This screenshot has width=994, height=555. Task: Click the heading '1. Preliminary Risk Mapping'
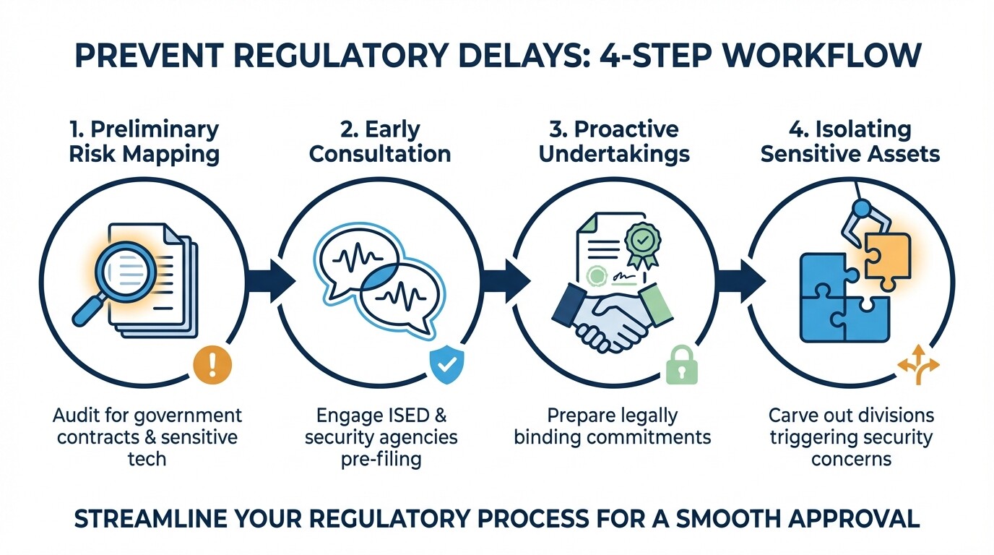143,141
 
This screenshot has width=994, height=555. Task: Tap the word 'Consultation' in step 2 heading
380,153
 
